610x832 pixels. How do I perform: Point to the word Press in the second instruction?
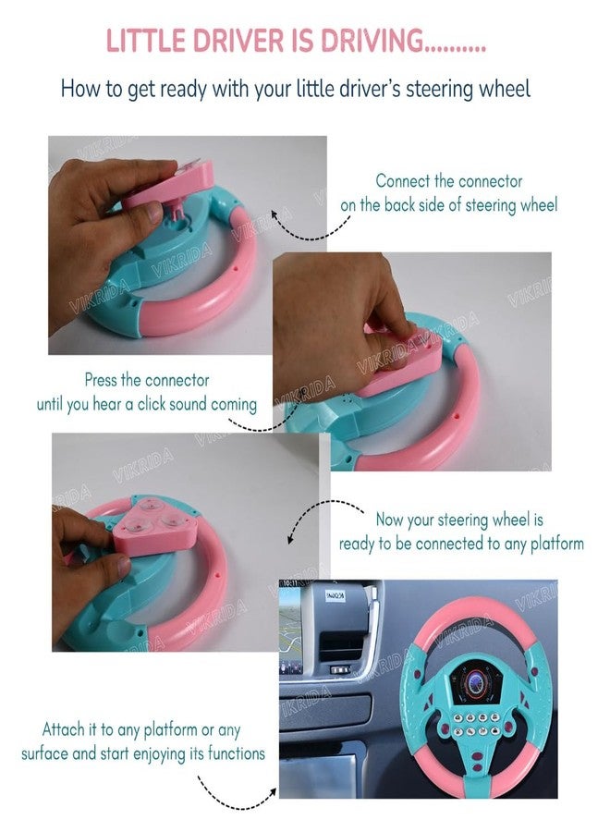(103, 380)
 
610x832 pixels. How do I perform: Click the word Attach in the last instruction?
(66, 729)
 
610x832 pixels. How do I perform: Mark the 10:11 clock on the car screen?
(291, 584)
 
